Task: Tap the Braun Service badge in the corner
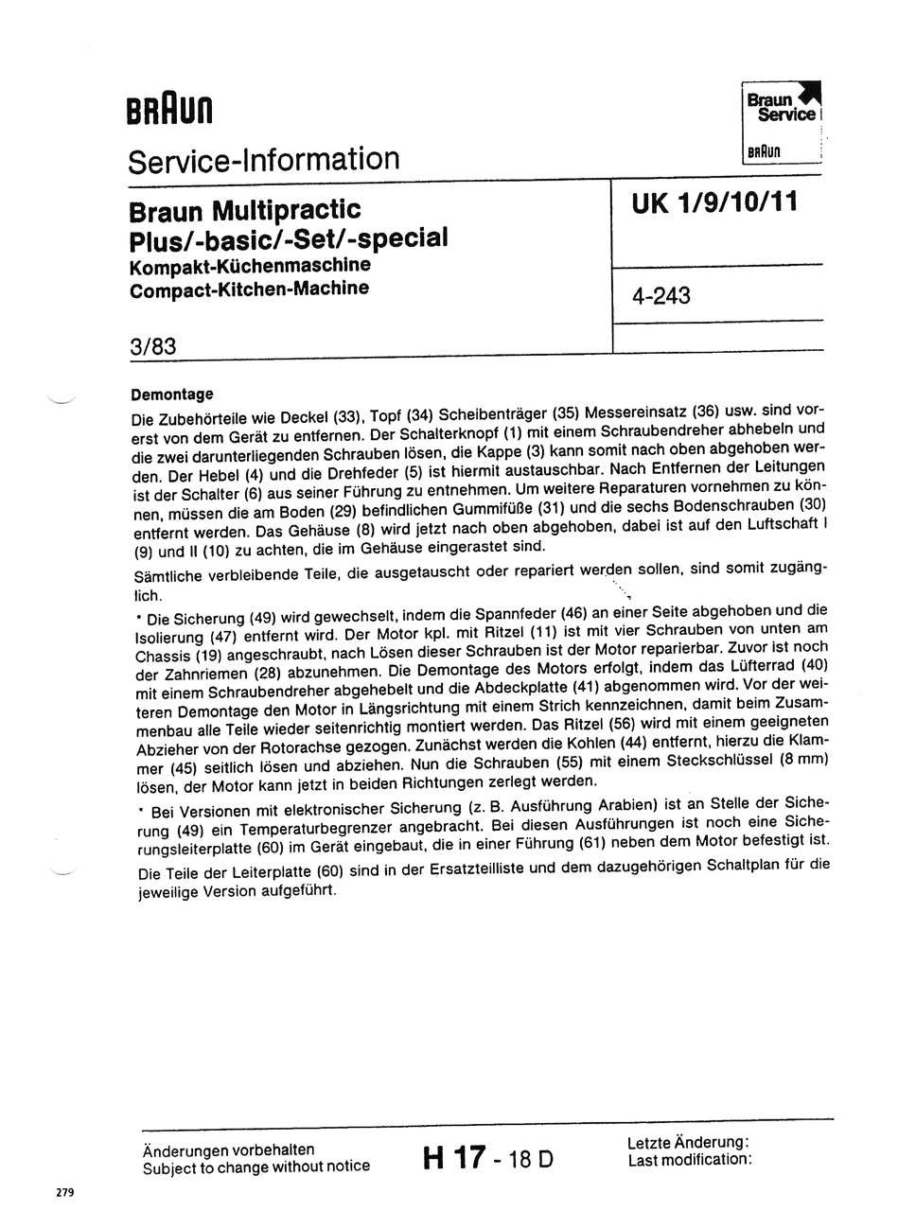(x=782, y=121)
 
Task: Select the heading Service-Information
(x=264, y=159)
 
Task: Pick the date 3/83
(x=153, y=346)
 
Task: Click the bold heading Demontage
(x=171, y=394)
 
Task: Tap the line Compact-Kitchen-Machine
(x=249, y=288)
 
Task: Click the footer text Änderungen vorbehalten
(x=228, y=1150)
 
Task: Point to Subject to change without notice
(x=255, y=1167)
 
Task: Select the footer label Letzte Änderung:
(x=688, y=1142)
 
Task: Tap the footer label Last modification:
(x=690, y=1159)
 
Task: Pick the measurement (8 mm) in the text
(x=797, y=759)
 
